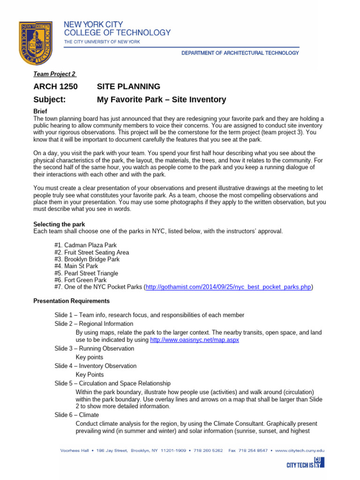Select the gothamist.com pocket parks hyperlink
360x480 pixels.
pyautogui.click(x=229, y=287)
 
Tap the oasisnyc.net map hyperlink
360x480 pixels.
pyautogui.click(x=194, y=339)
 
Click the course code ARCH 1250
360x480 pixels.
pyautogui.click(x=55, y=87)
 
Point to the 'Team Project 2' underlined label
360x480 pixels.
pyautogui.click(x=54, y=74)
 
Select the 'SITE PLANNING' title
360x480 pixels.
pyautogui.click(x=128, y=87)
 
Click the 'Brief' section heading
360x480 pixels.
pyautogui.click(x=41, y=112)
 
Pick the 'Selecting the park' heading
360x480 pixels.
pyautogui.click(x=59, y=224)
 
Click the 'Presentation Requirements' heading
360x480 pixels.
pyautogui.click(x=71, y=301)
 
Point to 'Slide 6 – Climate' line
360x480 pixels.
pyautogui.click(x=76, y=415)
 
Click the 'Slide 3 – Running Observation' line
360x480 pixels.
pyautogui.click(x=94, y=348)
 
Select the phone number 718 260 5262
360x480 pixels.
pyautogui.click(x=203, y=450)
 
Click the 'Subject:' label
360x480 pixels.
pyautogui.click(x=49, y=99)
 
